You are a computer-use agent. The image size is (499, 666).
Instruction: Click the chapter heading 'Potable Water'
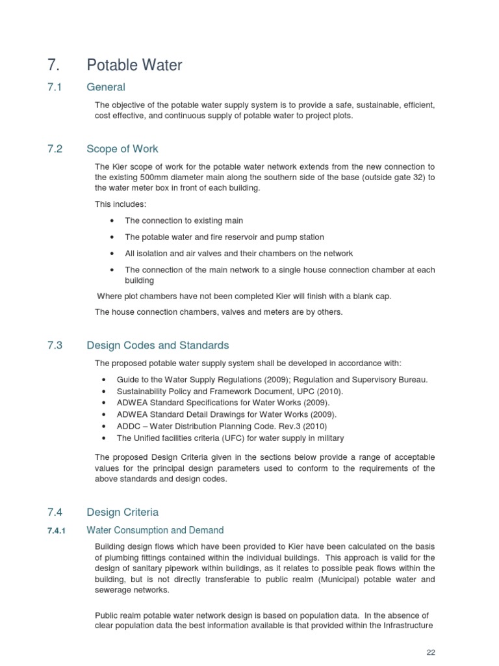click(x=134, y=65)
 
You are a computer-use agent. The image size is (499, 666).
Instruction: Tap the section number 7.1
click(x=55, y=87)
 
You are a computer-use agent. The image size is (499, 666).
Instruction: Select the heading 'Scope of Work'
click(x=122, y=149)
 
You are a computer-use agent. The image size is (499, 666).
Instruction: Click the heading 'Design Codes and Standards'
click(x=158, y=345)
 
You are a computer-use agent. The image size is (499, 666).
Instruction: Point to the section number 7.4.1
click(x=58, y=531)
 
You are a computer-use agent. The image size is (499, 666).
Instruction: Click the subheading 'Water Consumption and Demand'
click(x=155, y=530)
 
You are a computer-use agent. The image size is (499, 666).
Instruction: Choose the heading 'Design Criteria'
click(x=123, y=512)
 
